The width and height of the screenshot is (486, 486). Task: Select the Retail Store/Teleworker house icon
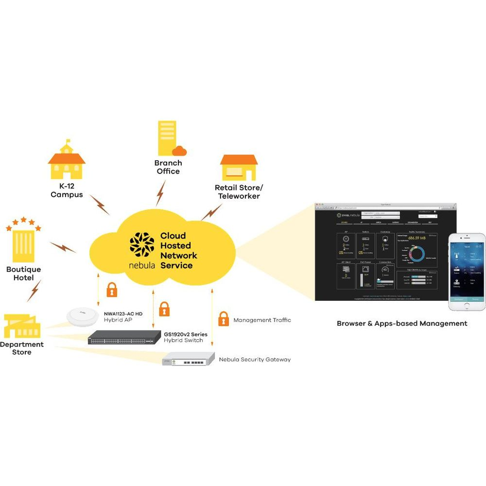click(238, 168)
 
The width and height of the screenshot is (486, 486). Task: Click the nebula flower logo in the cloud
click(141, 245)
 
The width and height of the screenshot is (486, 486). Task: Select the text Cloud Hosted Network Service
click(179, 251)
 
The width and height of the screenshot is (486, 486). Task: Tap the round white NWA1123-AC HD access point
click(83, 316)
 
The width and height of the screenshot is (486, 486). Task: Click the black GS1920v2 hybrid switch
click(124, 338)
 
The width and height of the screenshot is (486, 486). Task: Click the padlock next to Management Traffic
click(223, 319)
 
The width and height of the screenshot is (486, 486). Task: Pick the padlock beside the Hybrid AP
click(112, 290)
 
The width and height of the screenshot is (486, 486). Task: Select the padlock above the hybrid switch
click(164, 309)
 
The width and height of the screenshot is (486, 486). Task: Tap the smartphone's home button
click(466, 306)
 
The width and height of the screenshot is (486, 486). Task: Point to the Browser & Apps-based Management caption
click(402, 323)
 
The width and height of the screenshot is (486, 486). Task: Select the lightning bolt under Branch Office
click(160, 193)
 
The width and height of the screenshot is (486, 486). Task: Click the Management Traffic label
click(262, 320)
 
